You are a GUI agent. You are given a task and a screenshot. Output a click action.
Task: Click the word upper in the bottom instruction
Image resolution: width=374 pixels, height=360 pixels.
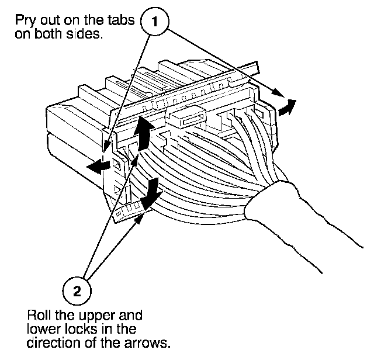tap(91, 316)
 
